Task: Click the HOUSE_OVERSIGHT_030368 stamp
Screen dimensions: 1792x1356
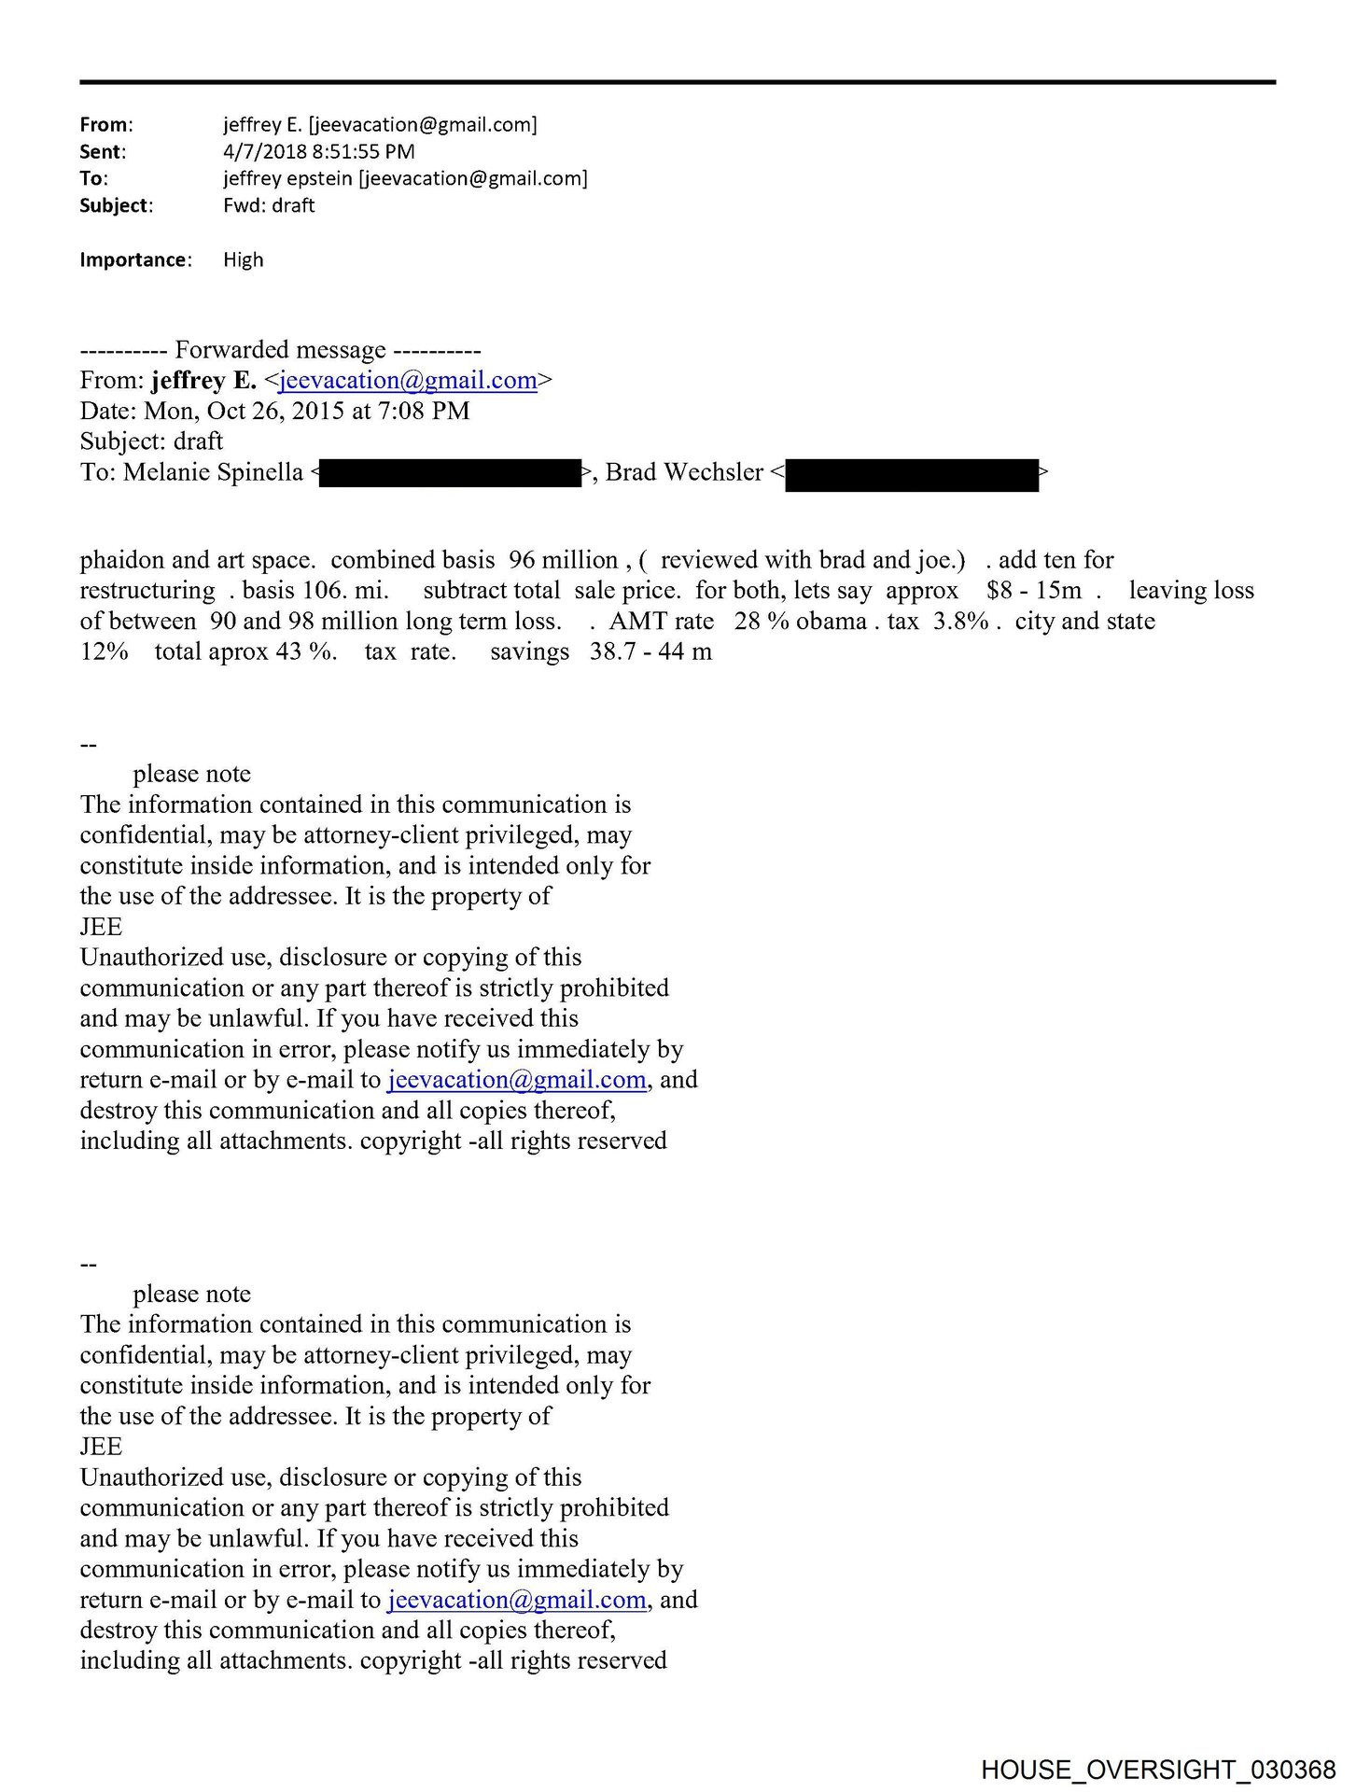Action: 1158,1770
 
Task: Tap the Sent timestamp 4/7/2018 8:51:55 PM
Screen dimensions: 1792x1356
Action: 318,151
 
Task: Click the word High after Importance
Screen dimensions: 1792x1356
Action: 243,259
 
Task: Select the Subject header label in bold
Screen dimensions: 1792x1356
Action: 115,205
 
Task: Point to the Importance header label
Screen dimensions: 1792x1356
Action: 134,259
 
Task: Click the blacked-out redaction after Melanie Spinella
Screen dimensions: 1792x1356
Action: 451,473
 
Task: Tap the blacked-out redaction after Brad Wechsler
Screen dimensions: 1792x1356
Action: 911,474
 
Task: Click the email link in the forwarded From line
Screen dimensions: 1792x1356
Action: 407,380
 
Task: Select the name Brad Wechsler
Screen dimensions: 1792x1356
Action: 684,472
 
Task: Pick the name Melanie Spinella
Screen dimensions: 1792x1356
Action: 213,472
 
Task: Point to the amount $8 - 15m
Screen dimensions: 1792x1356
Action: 1033,590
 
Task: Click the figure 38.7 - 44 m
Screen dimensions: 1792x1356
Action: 650,651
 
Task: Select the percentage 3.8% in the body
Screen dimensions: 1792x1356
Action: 960,621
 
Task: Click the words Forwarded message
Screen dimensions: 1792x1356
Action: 280,350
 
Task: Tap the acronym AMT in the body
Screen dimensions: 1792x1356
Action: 637,621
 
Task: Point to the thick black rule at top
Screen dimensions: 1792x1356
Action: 678,82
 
